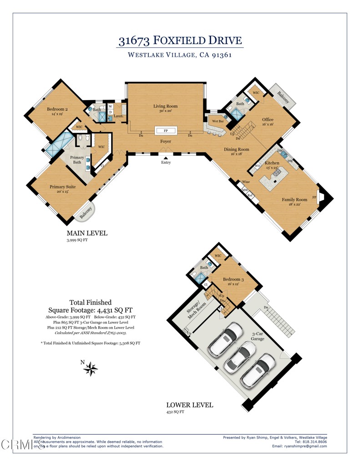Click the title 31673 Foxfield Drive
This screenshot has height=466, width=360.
(180, 41)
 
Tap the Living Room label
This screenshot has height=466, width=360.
(165, 106)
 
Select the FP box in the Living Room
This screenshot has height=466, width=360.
(165, 131)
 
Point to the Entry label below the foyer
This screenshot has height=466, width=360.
(166, 162)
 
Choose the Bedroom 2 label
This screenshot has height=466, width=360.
(57, 109)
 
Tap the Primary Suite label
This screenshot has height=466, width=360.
(62, 187)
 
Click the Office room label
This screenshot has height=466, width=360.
(268, 120)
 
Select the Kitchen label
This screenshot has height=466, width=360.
(272, 162)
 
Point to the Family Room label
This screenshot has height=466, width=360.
(294, 199)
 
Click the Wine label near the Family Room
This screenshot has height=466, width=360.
(246, 182)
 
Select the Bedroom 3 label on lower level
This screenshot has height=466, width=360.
(233, 279)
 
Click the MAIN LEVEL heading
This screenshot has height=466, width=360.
(87, 233)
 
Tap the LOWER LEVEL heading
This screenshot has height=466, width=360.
(189, 405)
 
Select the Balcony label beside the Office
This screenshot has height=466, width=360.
(283, 97)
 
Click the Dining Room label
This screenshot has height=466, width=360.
(236, 149)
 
